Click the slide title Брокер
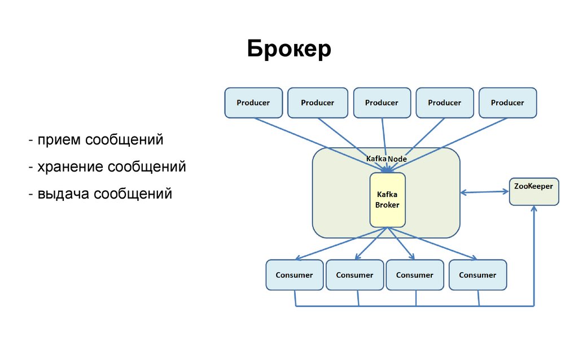(289, 50)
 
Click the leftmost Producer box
(253, 103)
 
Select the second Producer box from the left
(317, 103)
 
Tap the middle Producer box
(382, 103)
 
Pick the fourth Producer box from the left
(444, 103)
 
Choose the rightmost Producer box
(507, 103)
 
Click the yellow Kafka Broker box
(387, 200)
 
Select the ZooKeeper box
(533, 191)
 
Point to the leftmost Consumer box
(294, 275)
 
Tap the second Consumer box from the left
(354, 275)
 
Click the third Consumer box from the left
(414, 275)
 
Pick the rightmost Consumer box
(478, 275)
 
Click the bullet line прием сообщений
(97, 139)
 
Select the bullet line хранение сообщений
(108, 167)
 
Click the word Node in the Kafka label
(397, 160)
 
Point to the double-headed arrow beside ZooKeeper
(484, 192)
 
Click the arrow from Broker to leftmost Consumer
(339, 244)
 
